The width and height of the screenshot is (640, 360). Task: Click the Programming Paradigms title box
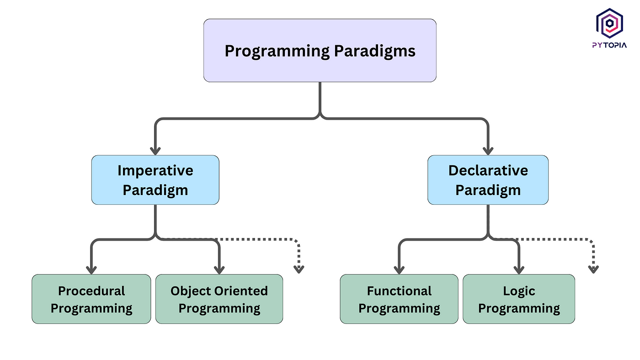[320, 51]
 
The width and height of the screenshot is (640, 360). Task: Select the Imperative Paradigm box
[155, 180]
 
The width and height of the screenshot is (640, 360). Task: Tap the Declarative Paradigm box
[488, 180]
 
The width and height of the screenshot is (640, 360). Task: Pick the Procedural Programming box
[91, 299]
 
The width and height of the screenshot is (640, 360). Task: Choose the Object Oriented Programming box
[219, 299]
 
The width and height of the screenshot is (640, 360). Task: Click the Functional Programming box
[399, 299]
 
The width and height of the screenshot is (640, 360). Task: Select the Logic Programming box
[519, 299]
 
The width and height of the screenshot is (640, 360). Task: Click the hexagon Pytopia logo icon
[609, 23]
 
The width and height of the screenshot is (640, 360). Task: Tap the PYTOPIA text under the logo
[609, 45]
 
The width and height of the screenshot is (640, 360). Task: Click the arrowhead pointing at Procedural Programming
[91, 270]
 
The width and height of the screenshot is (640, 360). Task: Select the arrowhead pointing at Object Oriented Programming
[219, 270]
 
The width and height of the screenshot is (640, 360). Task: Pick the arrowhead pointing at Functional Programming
[399, 270]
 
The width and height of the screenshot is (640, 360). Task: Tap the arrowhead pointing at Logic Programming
[519, 270]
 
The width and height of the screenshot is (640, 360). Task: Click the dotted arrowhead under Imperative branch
[299, 270]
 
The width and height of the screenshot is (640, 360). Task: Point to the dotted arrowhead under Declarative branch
[593, 270]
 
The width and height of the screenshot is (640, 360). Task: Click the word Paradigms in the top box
[374, 51]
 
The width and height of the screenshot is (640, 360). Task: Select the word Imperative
[155, 171]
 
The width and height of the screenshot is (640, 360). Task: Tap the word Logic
[519, 291]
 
